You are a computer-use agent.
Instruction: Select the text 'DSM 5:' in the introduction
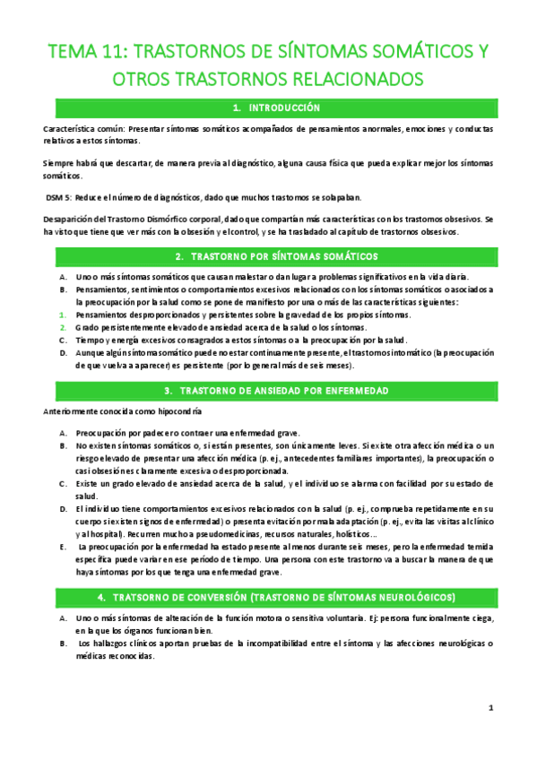pos(59,197)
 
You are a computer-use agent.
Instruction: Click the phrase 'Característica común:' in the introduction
pos(82,129)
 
